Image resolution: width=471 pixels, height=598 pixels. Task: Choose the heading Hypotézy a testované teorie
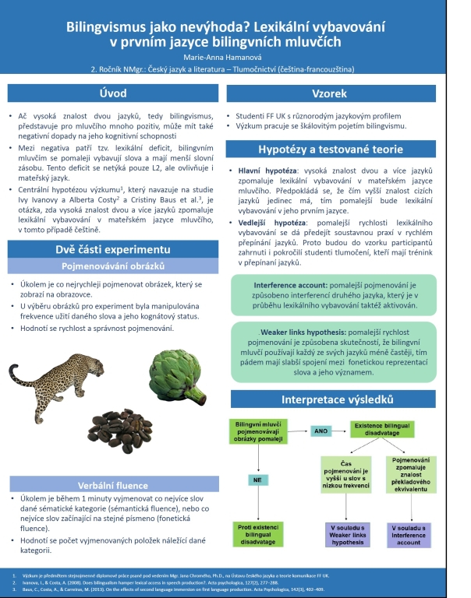tap(346, 149)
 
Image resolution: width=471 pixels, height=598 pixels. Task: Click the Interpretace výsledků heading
tap(346, 400)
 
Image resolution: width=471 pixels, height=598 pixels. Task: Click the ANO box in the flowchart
tap(320, 431)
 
